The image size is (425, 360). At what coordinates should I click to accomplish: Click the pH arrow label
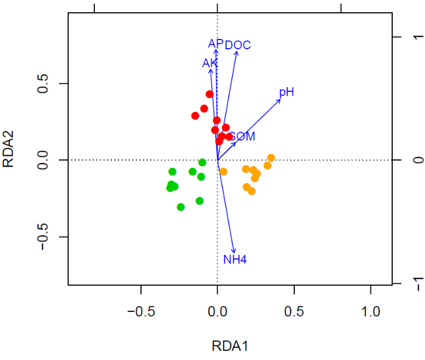[x=286, y=92]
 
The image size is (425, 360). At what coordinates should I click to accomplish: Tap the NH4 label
[x=235, y=260]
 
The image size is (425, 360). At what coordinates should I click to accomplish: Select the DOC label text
[x=238, y=45]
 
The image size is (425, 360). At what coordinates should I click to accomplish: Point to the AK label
[x=210, y=63]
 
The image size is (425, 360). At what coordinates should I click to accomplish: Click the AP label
[x=215, y=44]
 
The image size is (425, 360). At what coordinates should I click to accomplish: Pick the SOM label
[x=242, y=137]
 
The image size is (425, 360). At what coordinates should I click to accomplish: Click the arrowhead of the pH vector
[x=281, y=99]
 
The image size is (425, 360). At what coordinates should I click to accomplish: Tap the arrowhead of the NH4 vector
[x=234, y=252]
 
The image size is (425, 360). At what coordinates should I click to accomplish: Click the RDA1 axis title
[x=229, y=347]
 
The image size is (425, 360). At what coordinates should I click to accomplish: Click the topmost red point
[x=210, y=94]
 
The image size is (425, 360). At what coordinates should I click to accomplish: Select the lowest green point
[x=181, y=207]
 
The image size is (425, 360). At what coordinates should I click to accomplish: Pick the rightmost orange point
[x=271, y=158]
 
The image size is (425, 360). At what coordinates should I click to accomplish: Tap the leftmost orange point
[x=223, y=171]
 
